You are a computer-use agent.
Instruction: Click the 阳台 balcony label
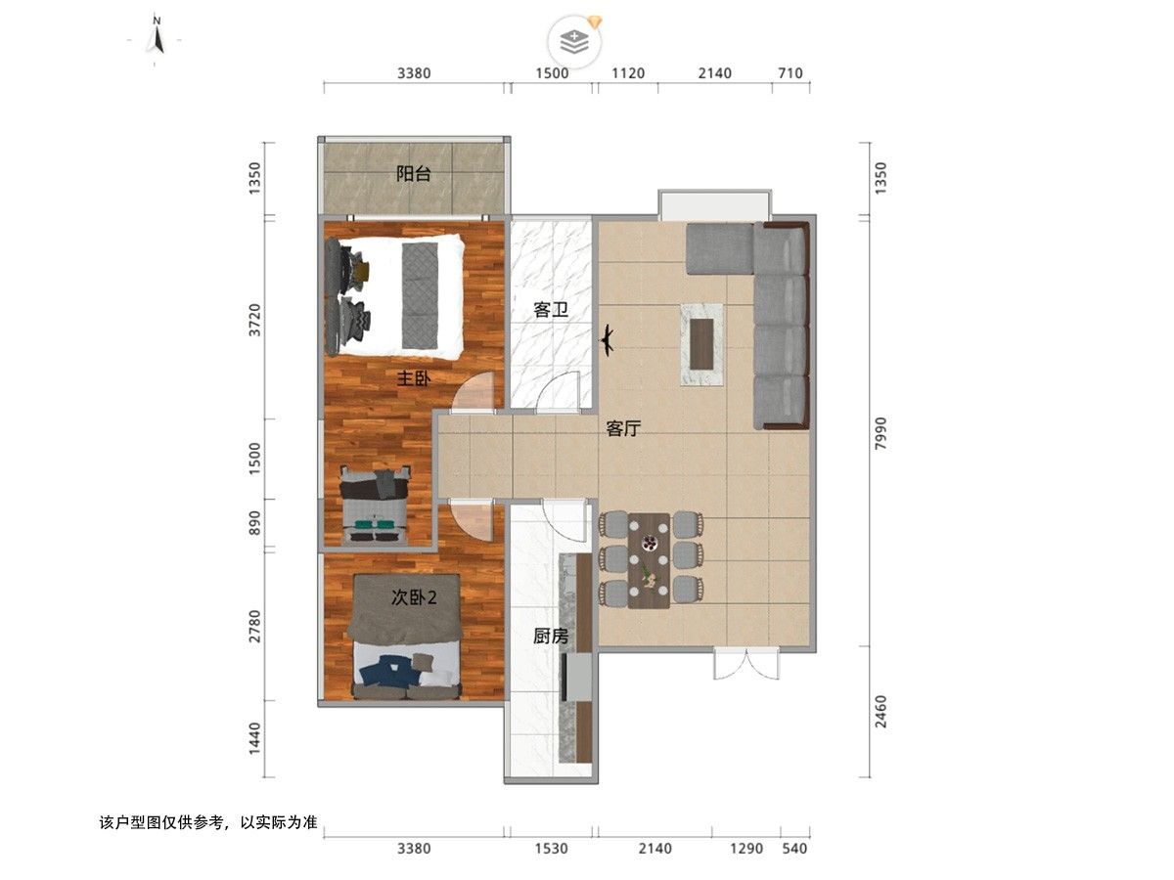coord(414,174)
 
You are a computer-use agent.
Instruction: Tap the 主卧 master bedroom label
coord(414,378)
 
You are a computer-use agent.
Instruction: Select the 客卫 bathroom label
coord(551,310)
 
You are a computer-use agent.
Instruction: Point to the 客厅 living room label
coord(623,428)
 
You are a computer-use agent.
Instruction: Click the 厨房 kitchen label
coord(551,636)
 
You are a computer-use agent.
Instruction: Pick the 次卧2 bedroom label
coord(414,597)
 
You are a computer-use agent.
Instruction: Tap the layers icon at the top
coord(574,42)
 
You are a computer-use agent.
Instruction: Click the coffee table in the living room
coord(701,344)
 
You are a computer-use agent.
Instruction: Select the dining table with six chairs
coord(649,560)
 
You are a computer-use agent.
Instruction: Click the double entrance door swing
coord(746,664)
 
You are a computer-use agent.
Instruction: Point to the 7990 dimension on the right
coord(880,433)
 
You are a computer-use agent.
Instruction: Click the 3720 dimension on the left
coord(255,320)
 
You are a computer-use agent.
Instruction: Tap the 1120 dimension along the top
coord(628,73)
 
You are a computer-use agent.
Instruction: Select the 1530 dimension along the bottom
coord(551,848)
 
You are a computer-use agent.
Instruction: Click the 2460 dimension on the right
coord(880,711)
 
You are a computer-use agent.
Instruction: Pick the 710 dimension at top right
coord(790,73)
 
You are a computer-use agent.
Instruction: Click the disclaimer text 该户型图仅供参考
coord(162,821)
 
